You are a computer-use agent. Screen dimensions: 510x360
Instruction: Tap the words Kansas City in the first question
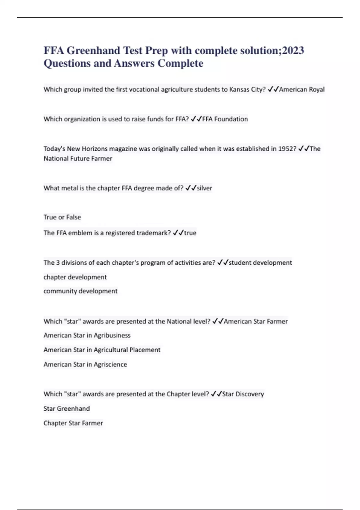click(247, 89)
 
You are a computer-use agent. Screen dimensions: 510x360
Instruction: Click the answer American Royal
click(302, 89)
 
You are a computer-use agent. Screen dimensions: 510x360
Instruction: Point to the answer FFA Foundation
click(225, 119)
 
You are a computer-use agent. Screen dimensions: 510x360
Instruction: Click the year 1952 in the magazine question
click(287, 149)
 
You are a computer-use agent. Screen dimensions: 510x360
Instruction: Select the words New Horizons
click(87, 149)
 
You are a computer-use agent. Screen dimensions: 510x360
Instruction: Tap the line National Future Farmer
click(78, 158)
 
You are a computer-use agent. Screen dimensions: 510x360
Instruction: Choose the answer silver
click(204, 188)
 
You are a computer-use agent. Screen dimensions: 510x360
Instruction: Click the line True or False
click(62, 217)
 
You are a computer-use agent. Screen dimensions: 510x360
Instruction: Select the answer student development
click(260, 262)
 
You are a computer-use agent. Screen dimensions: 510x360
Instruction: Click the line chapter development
click(75, 277)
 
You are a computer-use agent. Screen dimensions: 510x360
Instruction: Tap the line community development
click(80, 291)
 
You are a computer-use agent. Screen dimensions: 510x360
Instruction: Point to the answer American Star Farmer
click(256, 321)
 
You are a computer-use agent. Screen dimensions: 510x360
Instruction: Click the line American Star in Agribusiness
click(87, 335)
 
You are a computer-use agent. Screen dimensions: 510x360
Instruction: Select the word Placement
click(145, 350)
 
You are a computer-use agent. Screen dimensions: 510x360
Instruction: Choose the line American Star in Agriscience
click(85, 364)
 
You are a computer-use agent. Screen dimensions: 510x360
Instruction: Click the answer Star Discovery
click(243, 394)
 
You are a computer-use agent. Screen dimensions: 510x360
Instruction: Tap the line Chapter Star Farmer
click(73, 423)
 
